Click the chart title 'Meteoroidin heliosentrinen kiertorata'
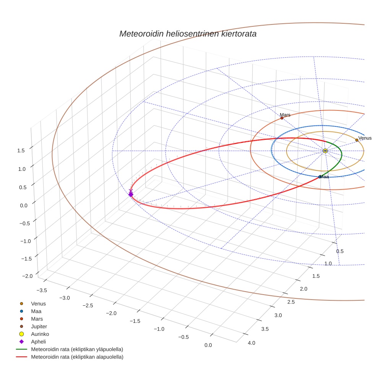(188, 34)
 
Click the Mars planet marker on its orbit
(282, 118)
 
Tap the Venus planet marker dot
(357, 140)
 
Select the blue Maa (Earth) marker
(320, 177)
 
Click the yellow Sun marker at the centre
(325, 151)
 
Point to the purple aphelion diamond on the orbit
(131, 194)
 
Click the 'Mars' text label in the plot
(285, 115)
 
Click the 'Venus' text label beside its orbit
(365, 138)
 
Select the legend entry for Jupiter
(39, 326)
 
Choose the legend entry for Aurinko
(40, 334)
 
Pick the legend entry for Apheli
(38, 342)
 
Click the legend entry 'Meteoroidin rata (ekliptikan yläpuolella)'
(77, 349)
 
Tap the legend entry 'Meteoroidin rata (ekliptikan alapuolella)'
(77, 357)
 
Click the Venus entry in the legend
(38, 303)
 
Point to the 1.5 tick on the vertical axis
(21, 151)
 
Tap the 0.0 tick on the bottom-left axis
(208, 345)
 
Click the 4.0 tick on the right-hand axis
(251, 343)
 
